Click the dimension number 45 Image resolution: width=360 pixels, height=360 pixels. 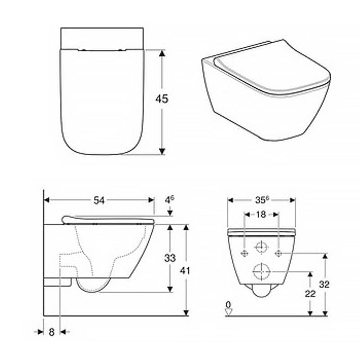pyautogui.click(x=162, y=99)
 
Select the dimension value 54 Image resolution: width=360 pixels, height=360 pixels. pyautogui.click(x=99, y=201)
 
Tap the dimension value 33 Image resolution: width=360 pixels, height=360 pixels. pyautogui.click(x=170, y=258)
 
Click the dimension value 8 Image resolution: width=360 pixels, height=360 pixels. pyautogui.click(x=51, y=332)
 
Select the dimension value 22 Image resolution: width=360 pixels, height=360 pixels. pyautogui.click(x=310, y=293)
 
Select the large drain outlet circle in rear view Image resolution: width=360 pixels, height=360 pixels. pyautogui.click(x=261, y=272)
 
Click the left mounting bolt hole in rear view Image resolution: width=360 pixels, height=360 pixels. pyautogui.click(x=244, y=253)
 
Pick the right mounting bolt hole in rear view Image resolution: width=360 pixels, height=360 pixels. pyautogui.click(x=279, y=253)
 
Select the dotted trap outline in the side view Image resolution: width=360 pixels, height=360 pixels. pyautogui.click(x=90, y=256)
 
